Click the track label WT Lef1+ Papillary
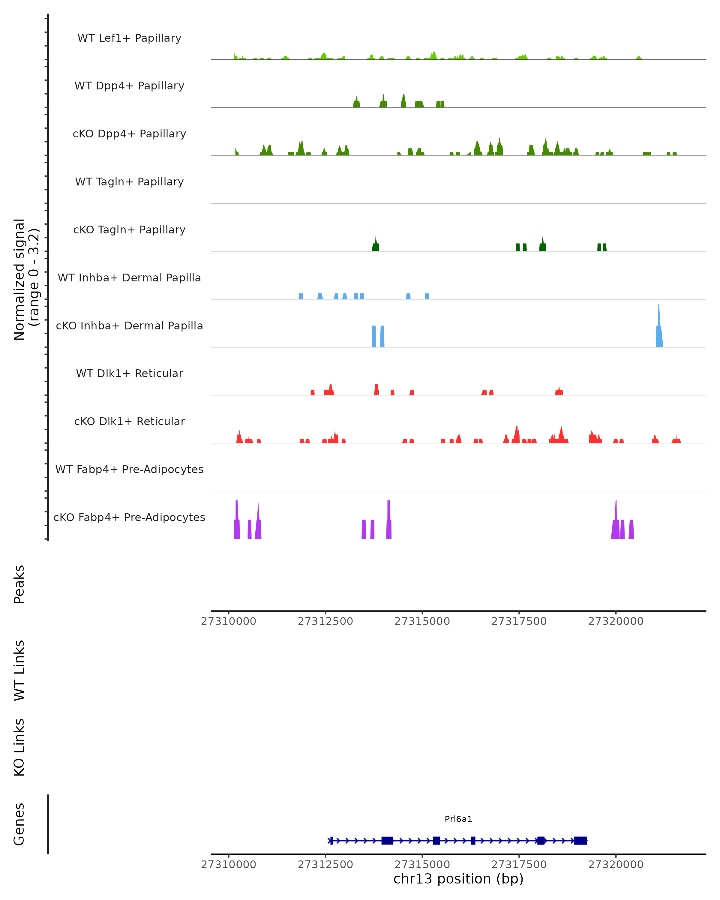129,38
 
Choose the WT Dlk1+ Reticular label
129,373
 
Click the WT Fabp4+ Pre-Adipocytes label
129,469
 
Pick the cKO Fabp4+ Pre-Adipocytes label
129,517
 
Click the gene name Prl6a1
458,819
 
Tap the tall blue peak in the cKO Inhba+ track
659,334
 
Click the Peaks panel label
19,584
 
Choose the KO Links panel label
19,747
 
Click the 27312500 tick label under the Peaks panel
325,621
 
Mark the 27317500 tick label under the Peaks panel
519,621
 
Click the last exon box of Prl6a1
580,840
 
